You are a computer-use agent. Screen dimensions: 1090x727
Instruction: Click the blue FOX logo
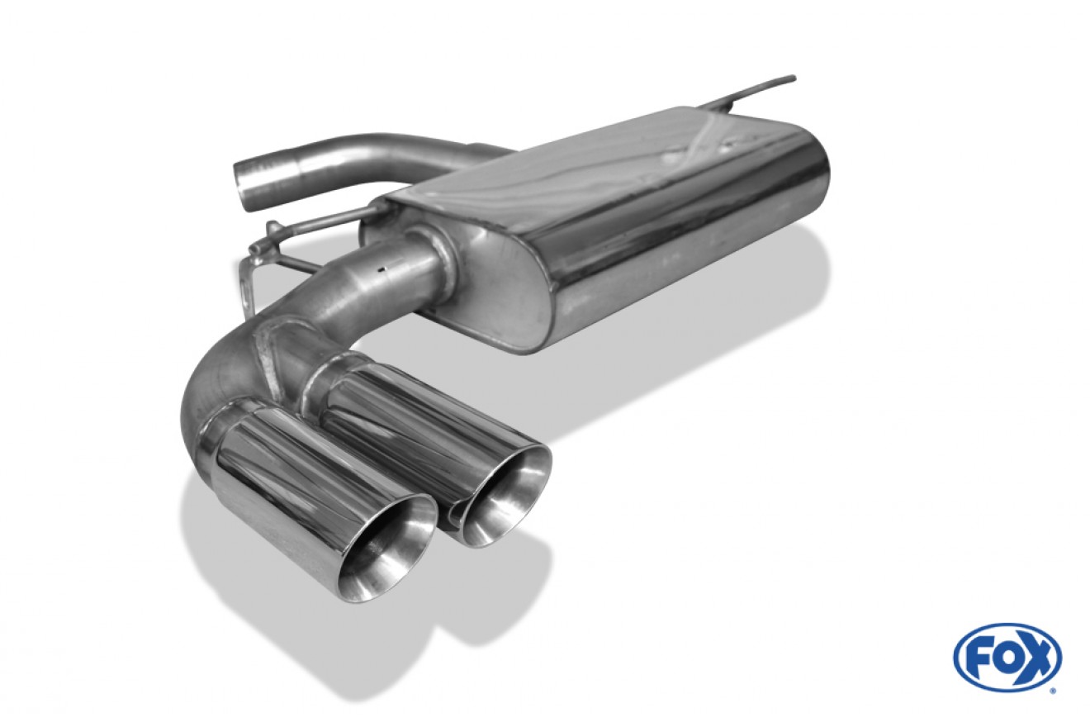tap(1007, 658)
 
